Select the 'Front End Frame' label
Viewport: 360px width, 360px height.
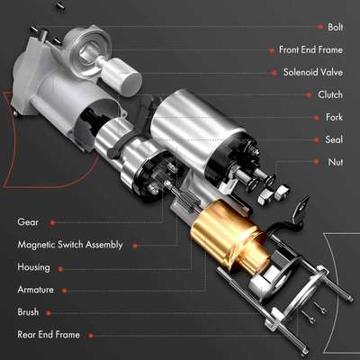(x=310, y=49)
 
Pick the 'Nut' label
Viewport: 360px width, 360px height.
(x=334, y=162)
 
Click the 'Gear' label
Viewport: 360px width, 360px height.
(x=28, y=221)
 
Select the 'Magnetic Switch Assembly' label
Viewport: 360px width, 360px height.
(x=70, y=244)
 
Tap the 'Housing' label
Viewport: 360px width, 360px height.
(x=34, y=266)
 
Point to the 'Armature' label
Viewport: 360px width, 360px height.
(x=36, y=290)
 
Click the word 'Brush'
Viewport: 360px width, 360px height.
(x=29, y=312)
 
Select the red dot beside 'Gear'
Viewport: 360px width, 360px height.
(x=53, y=221)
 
